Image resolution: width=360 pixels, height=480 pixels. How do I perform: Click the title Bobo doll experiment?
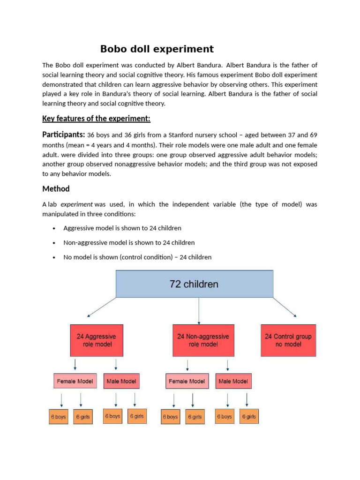point(157,49)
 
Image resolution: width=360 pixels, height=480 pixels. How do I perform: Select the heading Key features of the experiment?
point(96,118)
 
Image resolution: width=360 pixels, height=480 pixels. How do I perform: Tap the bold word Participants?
point(64,135)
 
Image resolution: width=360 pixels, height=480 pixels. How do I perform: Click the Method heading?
point(56,188)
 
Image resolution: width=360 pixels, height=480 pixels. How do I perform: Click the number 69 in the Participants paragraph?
point(313,135)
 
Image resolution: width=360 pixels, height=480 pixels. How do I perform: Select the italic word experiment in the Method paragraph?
point(77,204)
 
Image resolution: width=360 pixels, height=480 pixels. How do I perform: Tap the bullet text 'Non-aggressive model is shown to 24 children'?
point(129,243)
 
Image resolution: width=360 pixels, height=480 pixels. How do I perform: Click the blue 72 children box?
point(194,284)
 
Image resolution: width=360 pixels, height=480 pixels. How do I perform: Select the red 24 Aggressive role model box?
point(97,340)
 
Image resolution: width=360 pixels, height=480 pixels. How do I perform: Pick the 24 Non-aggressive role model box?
point(203,340)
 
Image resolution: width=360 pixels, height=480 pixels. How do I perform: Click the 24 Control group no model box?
point(288,340)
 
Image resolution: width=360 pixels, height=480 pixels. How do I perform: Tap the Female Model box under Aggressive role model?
point(75,381)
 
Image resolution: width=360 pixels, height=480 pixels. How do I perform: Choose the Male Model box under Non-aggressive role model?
point(233,381)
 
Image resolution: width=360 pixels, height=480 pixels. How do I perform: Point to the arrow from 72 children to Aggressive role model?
point(100,307)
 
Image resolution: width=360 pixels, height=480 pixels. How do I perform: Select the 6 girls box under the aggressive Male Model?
point(137,416)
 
